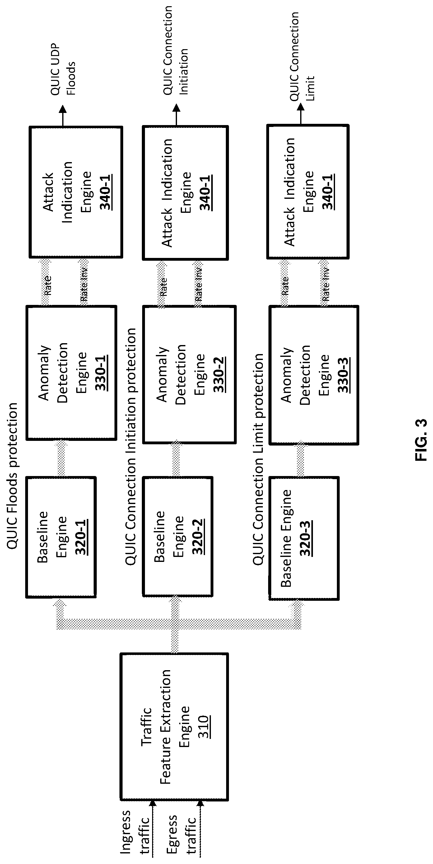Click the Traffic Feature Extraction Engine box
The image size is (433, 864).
[174, 726]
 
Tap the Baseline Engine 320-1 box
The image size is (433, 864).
[61, 537]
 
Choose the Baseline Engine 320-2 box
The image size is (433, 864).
[178, 537]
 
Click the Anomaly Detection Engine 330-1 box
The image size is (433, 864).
[72, 372]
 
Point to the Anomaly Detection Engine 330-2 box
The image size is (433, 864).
[189, 374]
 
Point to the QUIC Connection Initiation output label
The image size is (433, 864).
[175, 50]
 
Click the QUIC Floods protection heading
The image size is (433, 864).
[12, 476]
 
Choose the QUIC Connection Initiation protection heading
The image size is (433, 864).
[131, 446]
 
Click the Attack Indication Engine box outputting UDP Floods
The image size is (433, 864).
[76, 192]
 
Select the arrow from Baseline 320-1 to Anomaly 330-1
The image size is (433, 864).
[61, 458]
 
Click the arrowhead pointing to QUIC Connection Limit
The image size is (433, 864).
[301, 107]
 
